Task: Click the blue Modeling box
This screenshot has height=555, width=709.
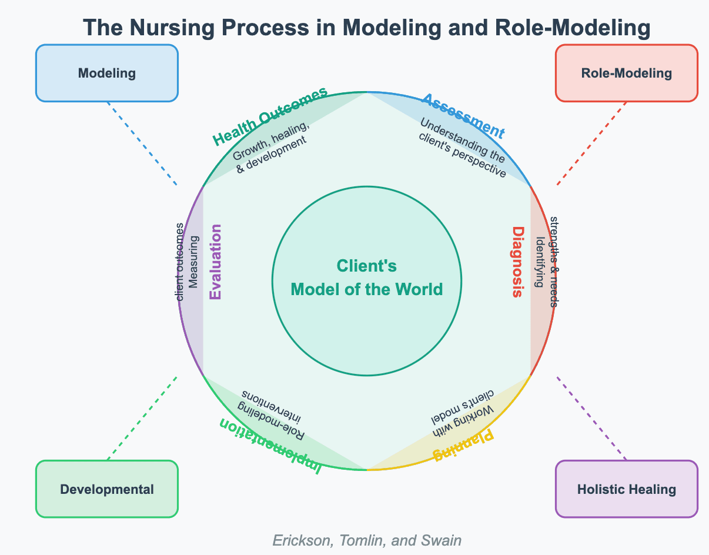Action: pos(106,73)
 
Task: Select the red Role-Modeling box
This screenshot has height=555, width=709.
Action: pos(627,73)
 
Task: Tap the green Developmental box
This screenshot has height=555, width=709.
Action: pos(106,489)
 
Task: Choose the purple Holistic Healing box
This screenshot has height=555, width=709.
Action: pos(627,489)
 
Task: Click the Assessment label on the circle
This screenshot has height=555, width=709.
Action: pos(463,116)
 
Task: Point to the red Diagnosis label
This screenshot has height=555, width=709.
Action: pos(518,262)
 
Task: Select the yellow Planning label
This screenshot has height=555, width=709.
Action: pos(463,446)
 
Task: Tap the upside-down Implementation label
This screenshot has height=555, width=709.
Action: pos(270,446)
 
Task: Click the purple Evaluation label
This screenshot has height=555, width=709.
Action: pos(215,262)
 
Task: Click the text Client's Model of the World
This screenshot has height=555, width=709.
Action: pos(367,277)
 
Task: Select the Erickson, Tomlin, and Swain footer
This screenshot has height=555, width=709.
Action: pos(367,540)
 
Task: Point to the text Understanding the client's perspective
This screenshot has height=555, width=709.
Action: pos(463,148)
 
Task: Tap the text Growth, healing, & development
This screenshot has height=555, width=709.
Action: pos(270,147)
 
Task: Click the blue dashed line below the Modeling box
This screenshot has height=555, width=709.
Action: pos(142,144)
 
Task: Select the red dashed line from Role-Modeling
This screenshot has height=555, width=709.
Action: pos(591,144)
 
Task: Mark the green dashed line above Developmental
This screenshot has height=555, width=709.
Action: pos(142,418)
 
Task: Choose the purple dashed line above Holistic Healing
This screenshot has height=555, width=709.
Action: pos(591,418)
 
